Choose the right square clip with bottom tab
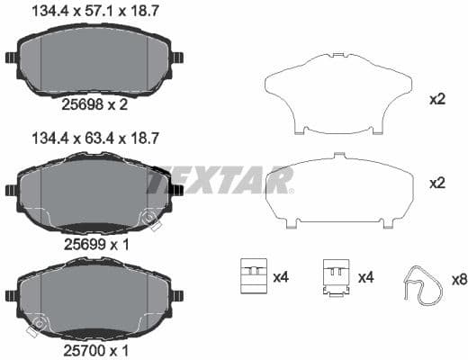337,277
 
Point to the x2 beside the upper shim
438,99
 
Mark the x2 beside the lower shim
438,183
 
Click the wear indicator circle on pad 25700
38,323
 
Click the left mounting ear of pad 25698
11,59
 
